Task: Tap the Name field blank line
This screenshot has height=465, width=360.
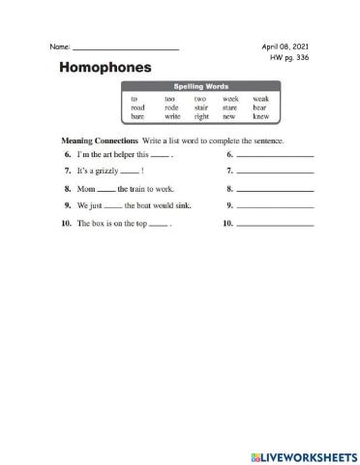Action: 126,48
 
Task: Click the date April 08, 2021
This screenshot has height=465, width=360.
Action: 285,46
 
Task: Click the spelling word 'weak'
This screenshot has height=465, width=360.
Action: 260,98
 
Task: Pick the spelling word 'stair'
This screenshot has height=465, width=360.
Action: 200,107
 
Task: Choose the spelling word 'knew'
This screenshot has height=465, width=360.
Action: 260,115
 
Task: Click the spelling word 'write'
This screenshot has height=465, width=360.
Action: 172,115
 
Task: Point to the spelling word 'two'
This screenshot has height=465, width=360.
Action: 200,98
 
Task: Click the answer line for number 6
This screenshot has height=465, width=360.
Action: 275,155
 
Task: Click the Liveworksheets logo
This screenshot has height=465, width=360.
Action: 299,454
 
